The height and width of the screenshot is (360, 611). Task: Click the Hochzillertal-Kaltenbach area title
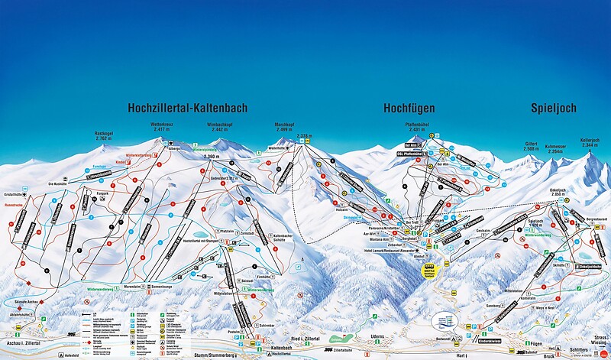(x=187, y=109)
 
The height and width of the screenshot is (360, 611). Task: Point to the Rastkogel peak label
(x=104, y=137)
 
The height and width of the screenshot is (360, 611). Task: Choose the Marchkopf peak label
(x=286, y=126)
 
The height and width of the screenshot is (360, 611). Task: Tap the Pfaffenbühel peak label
(x=421, y=126)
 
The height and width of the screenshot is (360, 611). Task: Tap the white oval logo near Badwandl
(x=445, y=319)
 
